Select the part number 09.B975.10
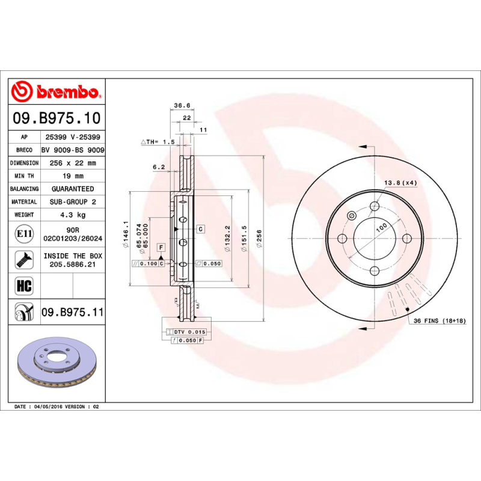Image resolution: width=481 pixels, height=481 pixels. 58,117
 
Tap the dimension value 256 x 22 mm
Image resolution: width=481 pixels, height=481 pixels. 73,163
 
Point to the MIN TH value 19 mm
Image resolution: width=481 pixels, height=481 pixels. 73,176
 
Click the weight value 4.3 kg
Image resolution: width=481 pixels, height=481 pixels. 73,215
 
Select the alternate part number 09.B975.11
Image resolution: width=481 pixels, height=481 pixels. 73,312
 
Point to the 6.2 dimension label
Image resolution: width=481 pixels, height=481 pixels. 159,167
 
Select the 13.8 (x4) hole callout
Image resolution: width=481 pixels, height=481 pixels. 400,182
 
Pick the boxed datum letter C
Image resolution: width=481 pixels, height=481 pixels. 200,229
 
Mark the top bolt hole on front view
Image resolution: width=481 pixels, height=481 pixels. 375,207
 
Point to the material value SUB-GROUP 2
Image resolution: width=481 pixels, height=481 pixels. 73,202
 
